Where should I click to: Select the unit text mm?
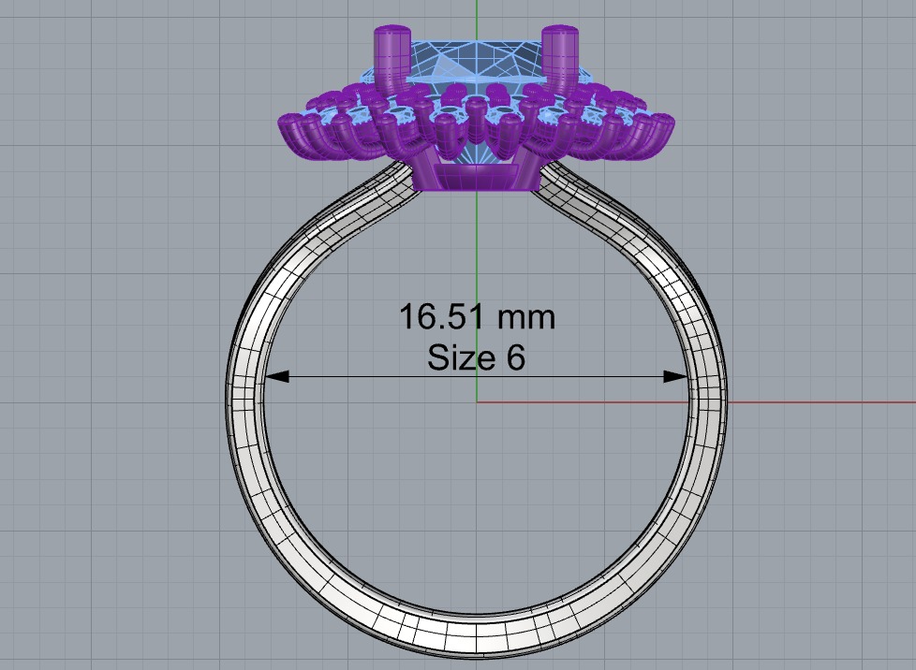coord(525,317)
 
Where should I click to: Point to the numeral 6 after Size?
coord(516,357)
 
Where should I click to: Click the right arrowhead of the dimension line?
coord(677,376)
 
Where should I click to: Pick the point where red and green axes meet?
coord(477,402)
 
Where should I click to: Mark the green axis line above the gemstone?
coord(476,13)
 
